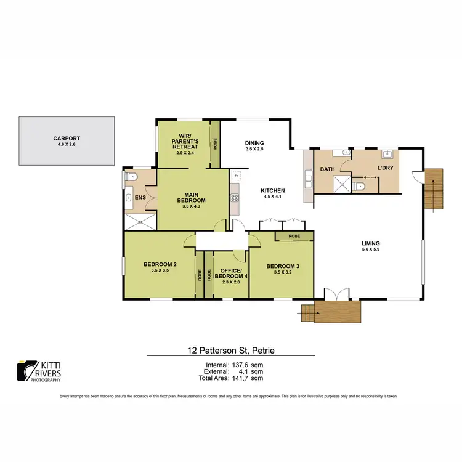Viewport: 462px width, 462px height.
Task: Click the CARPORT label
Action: pyautogui.click(x=66, y=139)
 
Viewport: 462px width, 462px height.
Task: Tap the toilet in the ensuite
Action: pyautogui.click(x=129, y=177)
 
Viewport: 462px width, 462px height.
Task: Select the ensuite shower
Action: pyautogui.click(x=141, y=222)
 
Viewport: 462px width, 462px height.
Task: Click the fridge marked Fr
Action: pyautogui.click(x=235, y=176)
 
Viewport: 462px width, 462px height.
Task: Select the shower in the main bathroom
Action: pyautogui.click(x=340, y=182)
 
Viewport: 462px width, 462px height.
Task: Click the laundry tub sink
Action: pyautogui.click(x=388, y=155)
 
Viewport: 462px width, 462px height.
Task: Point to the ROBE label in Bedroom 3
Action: pyautogui.click(x=294, y=236)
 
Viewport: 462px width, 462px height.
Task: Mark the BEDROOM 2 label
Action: pyautogui.click(x=160, y=265)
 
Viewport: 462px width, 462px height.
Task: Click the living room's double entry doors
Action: pyautogui.click(x=334, y=295)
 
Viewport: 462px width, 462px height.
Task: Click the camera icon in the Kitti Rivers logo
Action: pyautogui.click(x=25, y=370)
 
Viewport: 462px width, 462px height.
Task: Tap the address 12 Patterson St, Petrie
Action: pyautogui.click(x=231, y=351)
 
